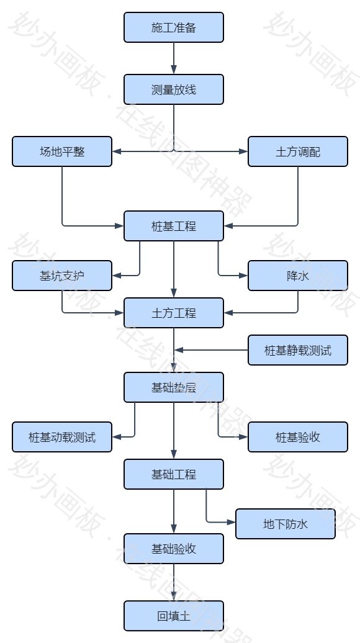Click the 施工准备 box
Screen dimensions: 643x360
pos(173,27)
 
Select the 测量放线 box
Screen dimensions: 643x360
pos(173,89)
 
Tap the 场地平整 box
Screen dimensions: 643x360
pos(62,151)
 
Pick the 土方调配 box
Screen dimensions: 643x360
pos(298,151)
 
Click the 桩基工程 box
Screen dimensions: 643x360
pos(173,226)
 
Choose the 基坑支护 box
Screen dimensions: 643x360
pos(62,276)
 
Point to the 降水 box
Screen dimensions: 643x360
pos(298,276)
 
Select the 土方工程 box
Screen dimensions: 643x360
pos(173,313)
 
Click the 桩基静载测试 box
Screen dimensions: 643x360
pos(298,350)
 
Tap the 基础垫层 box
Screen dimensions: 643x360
pos(173,387)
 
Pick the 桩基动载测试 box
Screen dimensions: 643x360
pos(62,437)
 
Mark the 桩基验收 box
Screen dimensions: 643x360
pos(298,437)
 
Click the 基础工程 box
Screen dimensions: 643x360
pos(173,474)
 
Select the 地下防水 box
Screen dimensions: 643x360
pos(286,524)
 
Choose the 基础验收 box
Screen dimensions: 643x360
pos(173,549)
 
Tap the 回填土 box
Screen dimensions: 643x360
pos(173,616)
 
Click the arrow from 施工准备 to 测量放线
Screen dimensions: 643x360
pos(174,58)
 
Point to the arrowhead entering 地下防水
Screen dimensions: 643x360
pos(232,521)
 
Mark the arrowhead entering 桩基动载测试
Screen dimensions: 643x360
pos(116,437)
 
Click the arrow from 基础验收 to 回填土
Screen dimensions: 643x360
pos(174,582)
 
